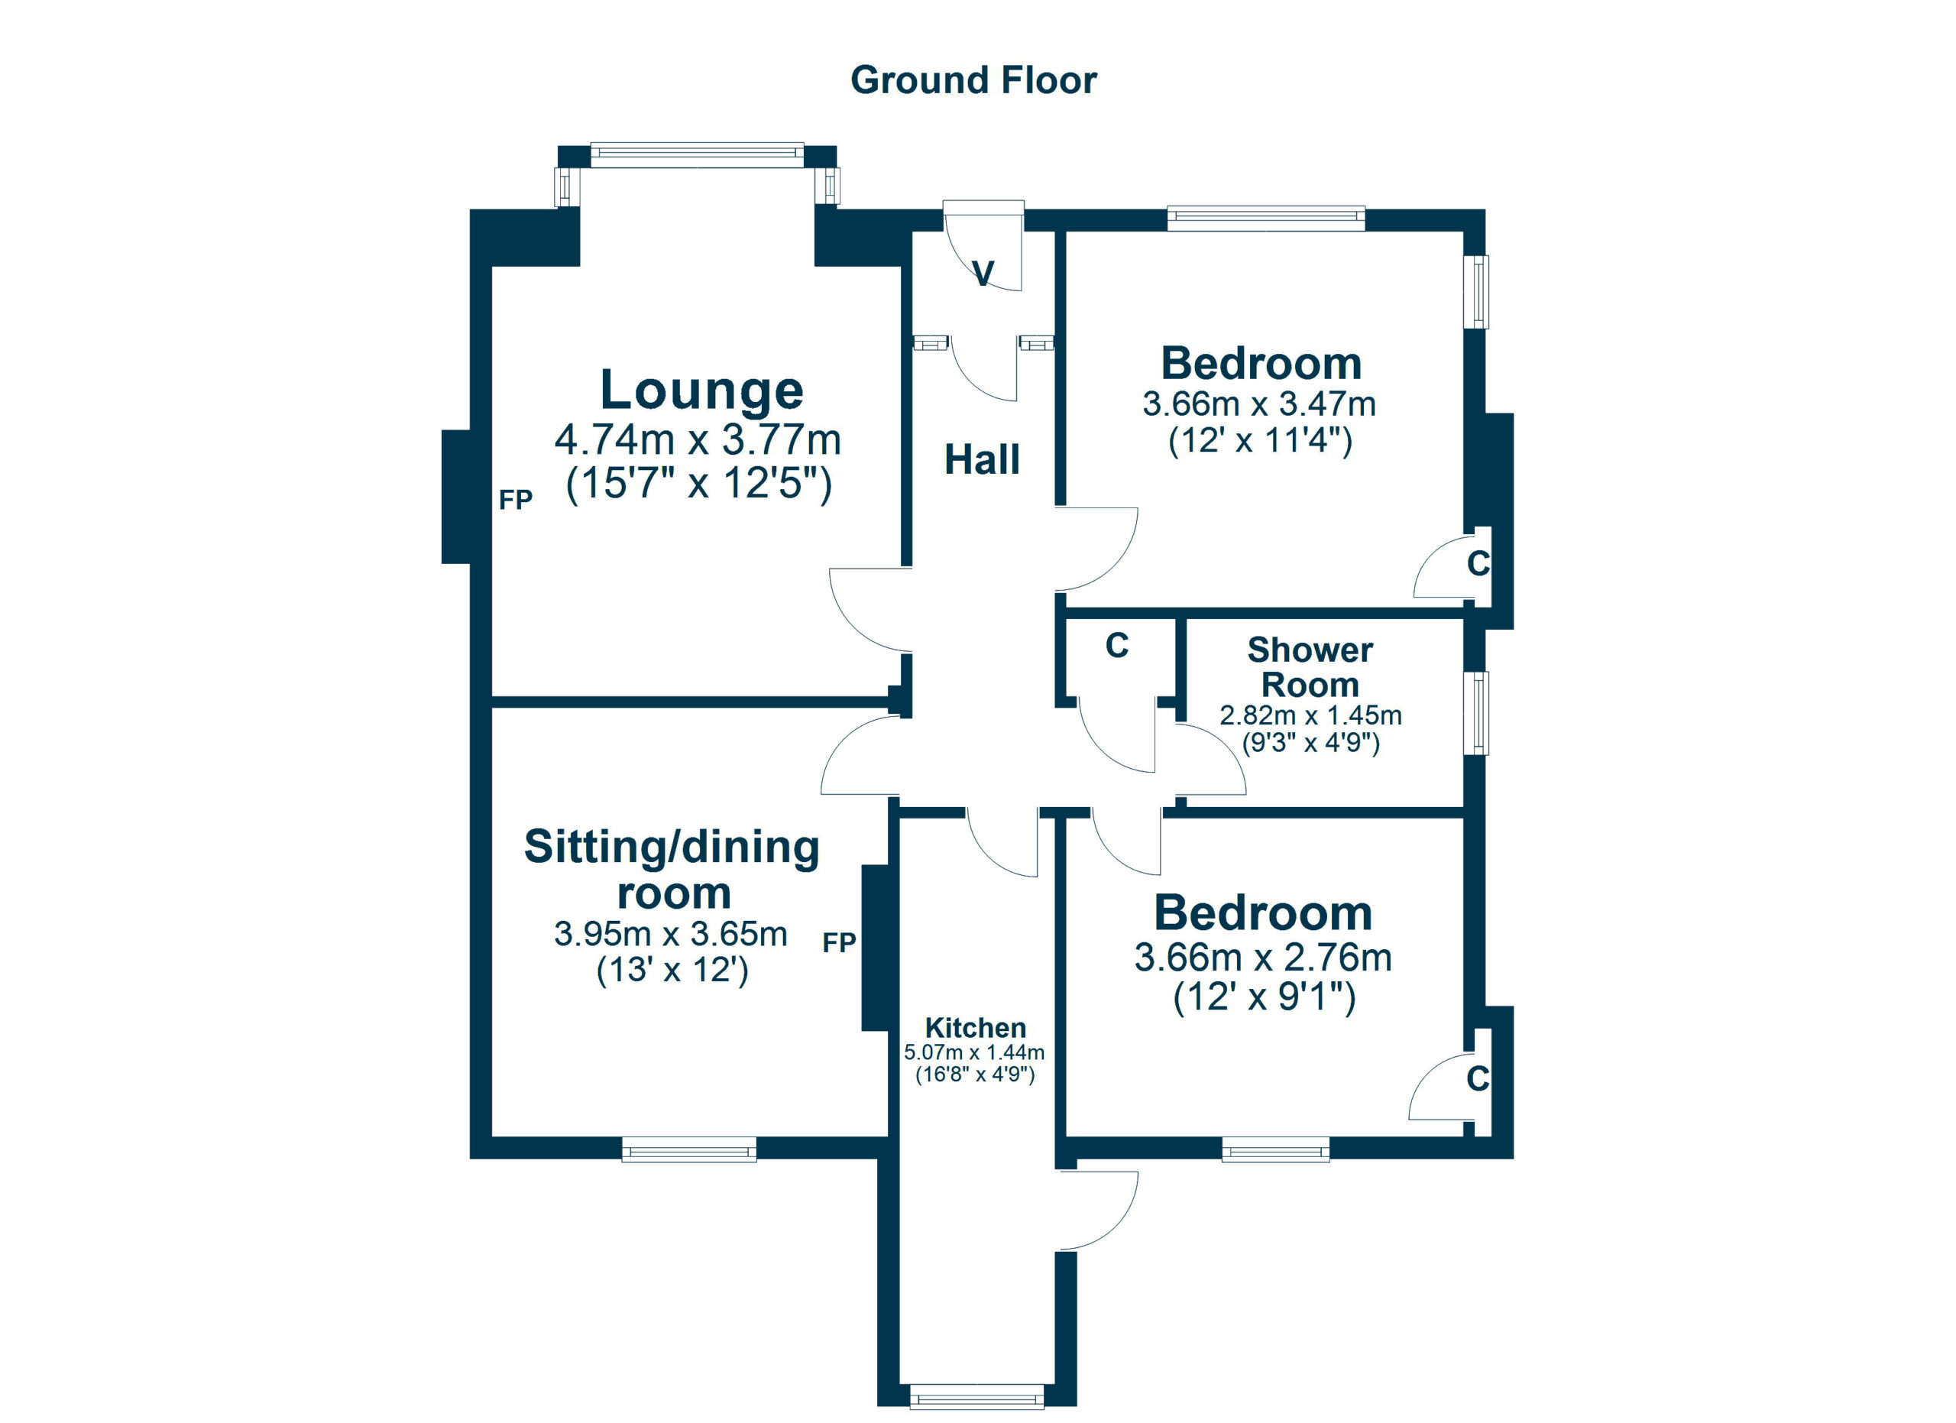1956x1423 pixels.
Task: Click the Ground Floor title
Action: (973, 80)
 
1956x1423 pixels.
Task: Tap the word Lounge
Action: (701, 390)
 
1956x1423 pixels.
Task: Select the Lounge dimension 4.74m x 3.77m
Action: (697, 440)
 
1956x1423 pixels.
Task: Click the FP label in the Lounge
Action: (516, 499)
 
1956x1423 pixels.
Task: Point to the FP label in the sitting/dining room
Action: (838, 942)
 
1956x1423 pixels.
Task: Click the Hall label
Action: (982, 459)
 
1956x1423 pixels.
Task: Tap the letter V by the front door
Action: (983, 274)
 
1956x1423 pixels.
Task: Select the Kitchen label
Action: (976, 1027)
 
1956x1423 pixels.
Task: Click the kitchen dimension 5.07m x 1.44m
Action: (973, 1052)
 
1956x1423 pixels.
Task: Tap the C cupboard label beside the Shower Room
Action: (1117, 645)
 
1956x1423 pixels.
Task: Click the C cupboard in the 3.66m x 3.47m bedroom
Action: (1478, 563)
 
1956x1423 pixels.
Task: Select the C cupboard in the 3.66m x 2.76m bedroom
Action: (1478, 1078)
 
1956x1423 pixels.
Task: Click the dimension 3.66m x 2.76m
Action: (1262, 958)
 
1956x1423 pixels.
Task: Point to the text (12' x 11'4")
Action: (1259, 441)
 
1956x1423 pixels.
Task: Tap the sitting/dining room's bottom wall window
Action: (688, 1149)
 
